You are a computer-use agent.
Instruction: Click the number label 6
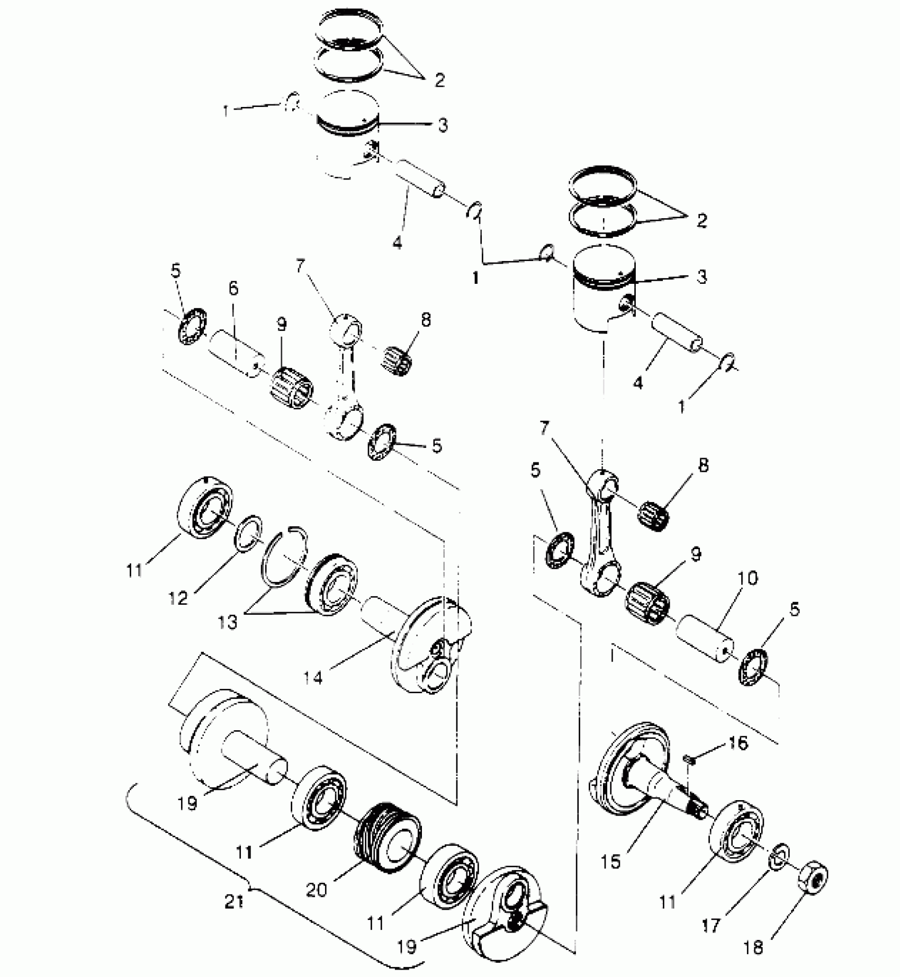point(233,289)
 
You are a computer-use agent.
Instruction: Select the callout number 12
point(178,598)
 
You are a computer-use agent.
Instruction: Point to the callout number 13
point(228,623)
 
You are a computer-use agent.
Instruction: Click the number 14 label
point(313,677)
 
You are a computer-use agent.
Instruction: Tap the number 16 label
point(739,743)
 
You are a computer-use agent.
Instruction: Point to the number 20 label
point(317,890)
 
